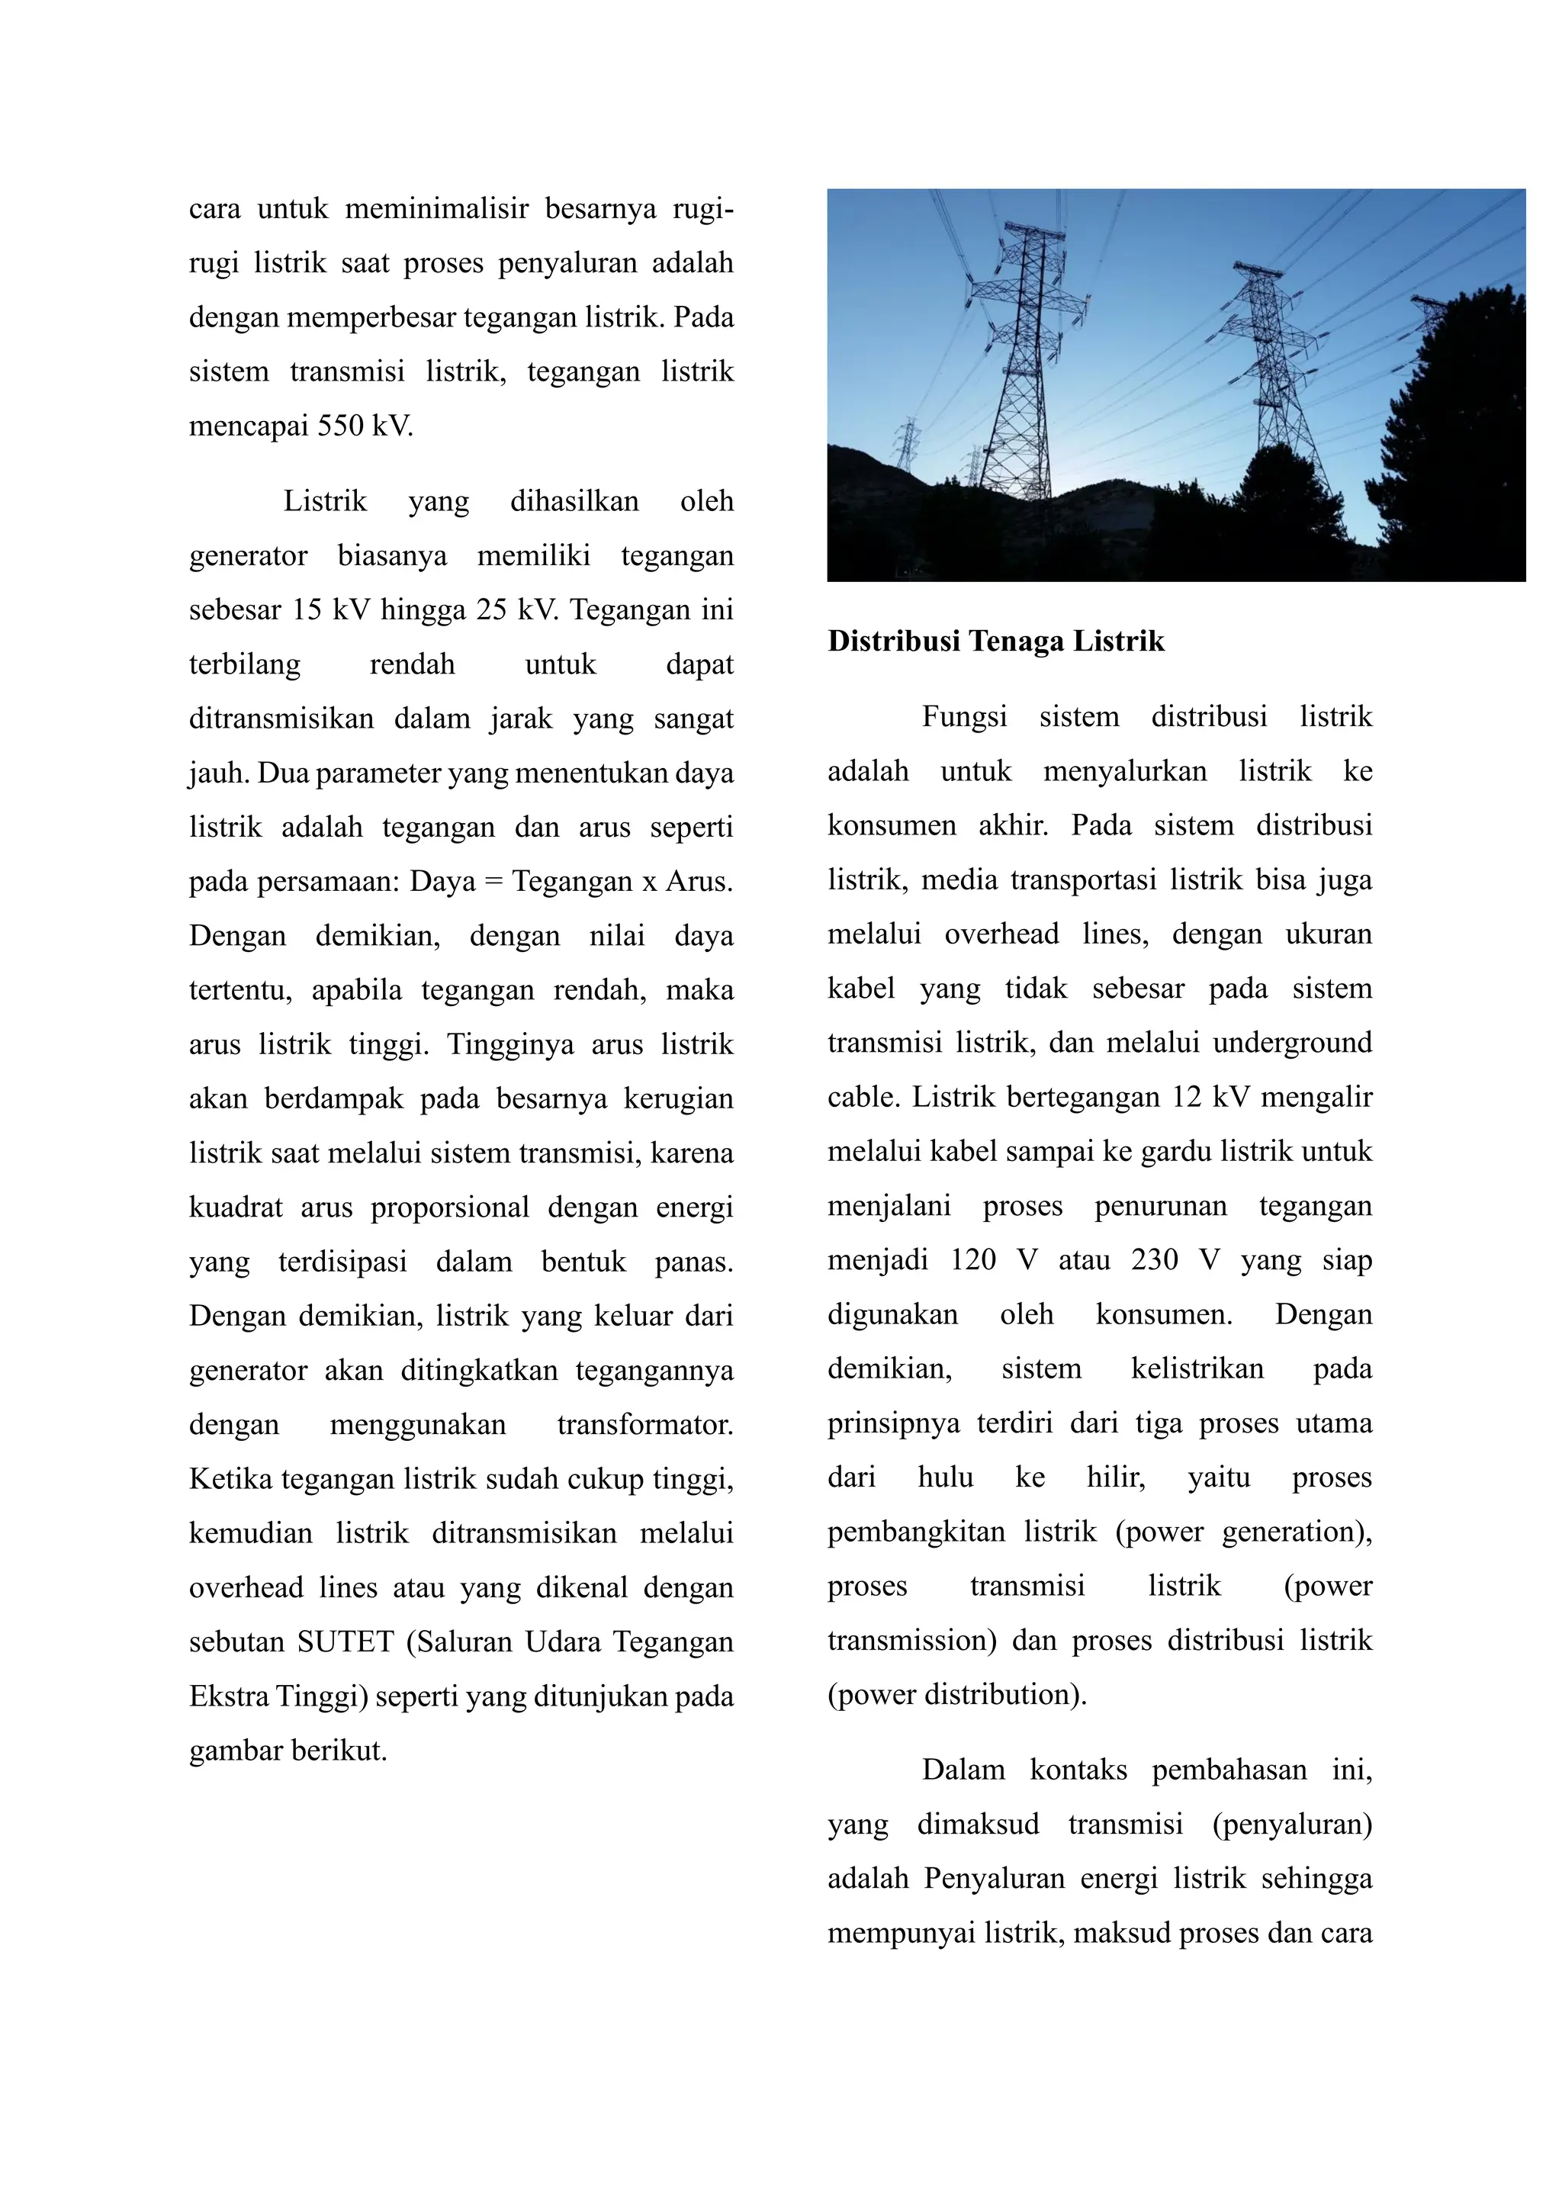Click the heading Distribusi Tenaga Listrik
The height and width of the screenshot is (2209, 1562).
click(995, 641)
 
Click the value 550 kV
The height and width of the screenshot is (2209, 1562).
click(365, 426)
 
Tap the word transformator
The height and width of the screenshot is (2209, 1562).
click(644, 1424)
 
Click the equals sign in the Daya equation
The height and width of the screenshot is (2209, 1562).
click(493, 881)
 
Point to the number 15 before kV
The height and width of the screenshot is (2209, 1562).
click(307, 610)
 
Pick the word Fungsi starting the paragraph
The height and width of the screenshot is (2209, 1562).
click(964, 717)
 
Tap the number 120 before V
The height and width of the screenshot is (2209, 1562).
click(973, 1260)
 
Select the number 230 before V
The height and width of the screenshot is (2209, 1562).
click(1154, 1260)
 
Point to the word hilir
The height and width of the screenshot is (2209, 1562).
click(1115, 1477)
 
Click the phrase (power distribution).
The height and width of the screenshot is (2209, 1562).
click(956, 1694)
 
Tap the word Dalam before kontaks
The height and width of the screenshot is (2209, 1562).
click(963, 1770)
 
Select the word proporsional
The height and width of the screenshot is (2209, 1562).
click(450, 1207)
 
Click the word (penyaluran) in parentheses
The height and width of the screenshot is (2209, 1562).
click(1292, 1825)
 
